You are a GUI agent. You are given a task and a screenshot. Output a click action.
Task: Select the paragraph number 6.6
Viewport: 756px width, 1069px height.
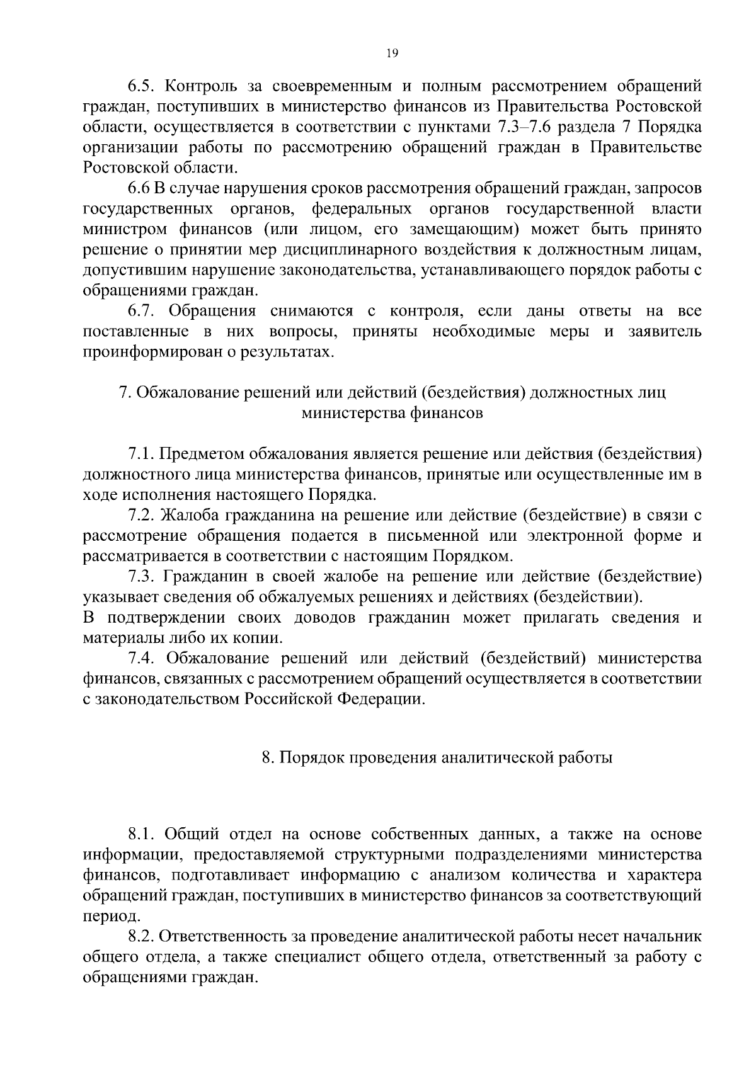coord(140,188)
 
